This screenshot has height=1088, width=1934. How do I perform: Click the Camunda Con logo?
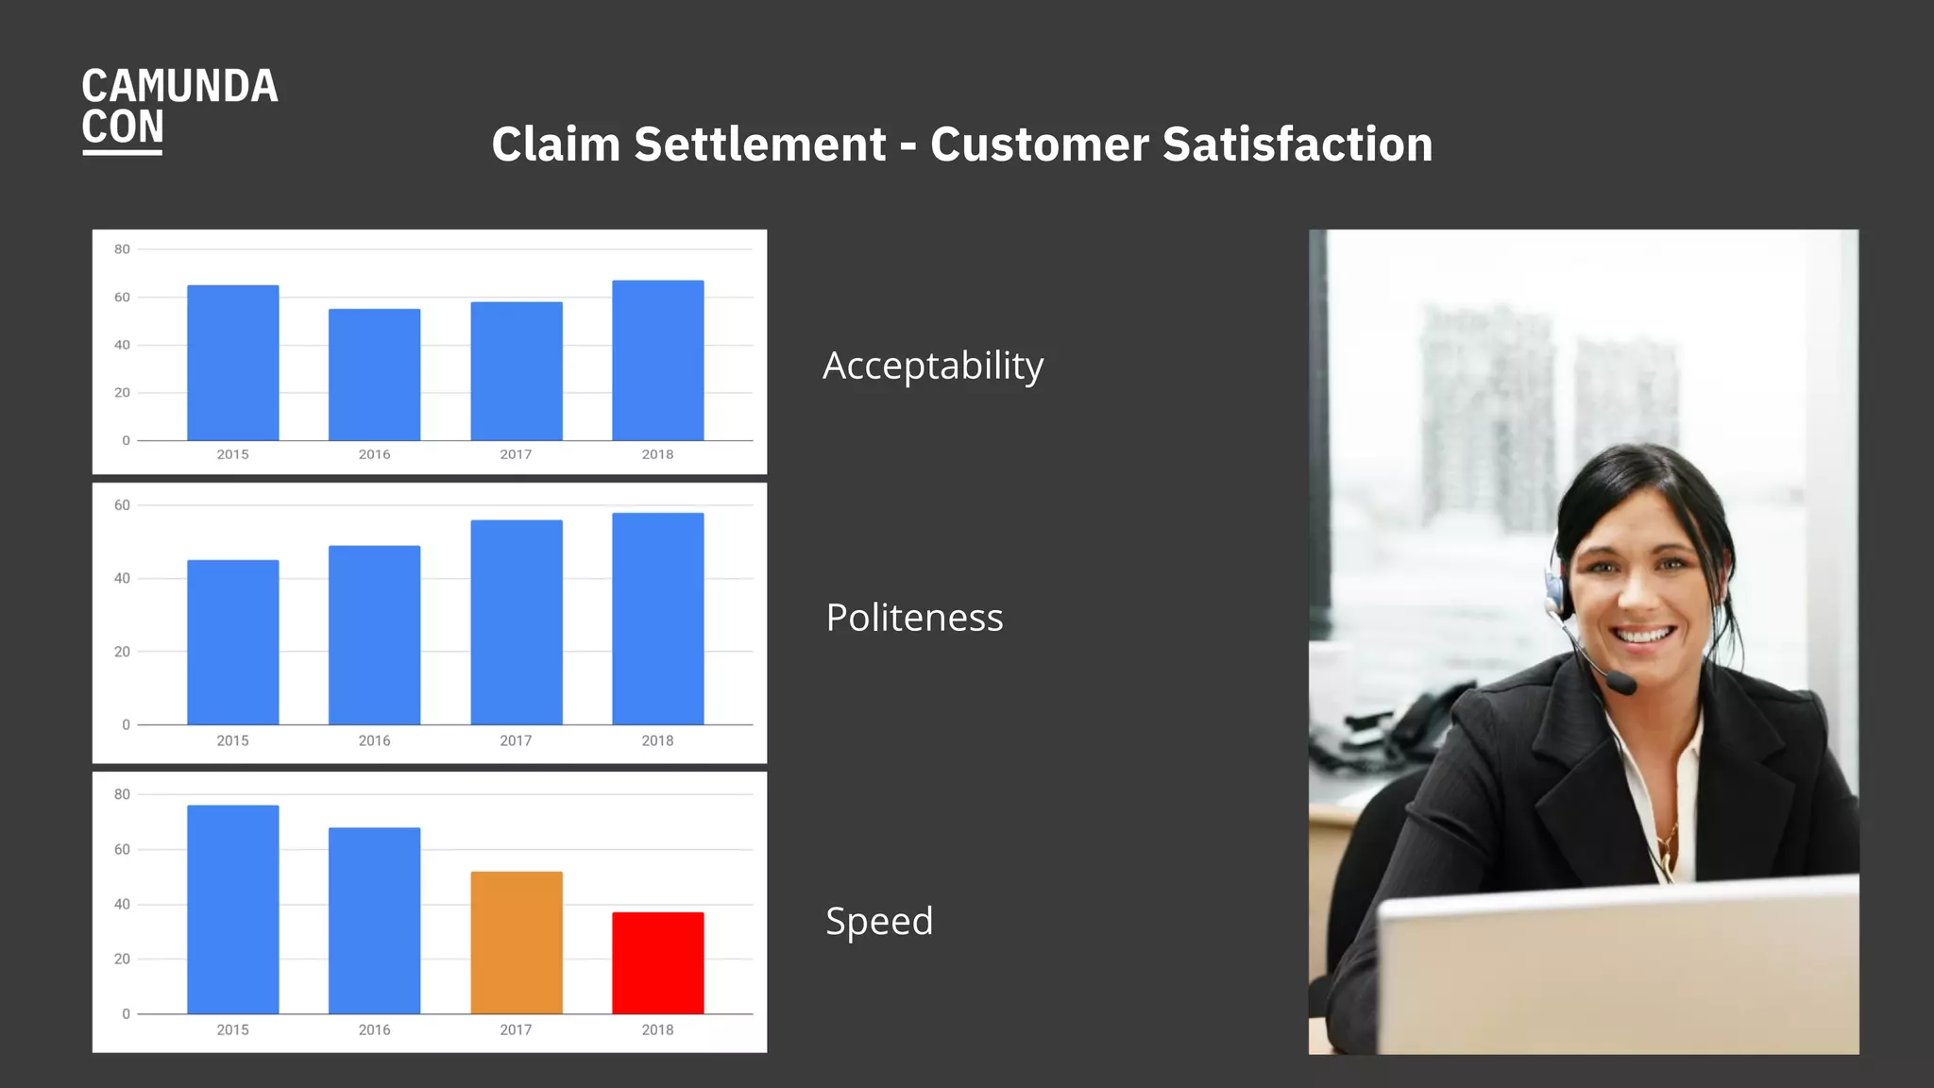tap(179, 108)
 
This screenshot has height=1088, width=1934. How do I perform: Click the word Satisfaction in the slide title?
tap(1298, 144)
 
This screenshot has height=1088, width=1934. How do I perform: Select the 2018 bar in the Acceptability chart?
tap(658, 361)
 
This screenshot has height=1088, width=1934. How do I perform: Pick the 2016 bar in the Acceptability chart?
tap(374, 375)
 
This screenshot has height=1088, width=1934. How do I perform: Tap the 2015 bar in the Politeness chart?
tap(233, 642)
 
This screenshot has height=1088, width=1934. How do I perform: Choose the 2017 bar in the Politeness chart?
tap(517, 622)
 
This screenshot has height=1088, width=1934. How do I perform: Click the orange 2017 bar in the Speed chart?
tap(517, 943)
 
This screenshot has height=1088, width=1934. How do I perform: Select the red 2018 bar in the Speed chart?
tap(658, 962)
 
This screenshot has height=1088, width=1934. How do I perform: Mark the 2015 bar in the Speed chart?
tap(233, 909)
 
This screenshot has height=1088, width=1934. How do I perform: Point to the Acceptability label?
tap(933, 366)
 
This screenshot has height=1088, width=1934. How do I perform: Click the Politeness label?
tap(914, 618)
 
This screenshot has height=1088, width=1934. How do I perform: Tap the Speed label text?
tap(879, 922)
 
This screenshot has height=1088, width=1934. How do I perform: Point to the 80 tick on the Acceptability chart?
tap(122, 249)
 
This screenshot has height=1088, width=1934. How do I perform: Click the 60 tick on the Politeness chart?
tap(122, 505)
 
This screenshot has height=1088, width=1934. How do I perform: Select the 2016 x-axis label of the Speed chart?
tap(374, 1029)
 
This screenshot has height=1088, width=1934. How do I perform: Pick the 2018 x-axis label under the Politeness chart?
tap(657, 740)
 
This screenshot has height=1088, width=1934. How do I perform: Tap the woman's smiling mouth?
tap(1644, 635)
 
